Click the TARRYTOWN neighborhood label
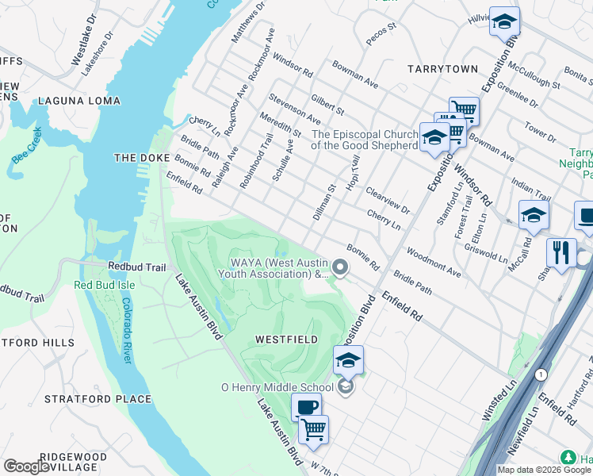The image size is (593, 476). point(442,69)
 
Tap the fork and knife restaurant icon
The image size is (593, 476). point(561,253)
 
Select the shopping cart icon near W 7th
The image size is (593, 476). point(313,430)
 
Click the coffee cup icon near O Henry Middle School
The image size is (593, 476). point(306,408)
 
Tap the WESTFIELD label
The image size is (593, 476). point(286,339)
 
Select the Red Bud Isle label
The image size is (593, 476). point(105,285)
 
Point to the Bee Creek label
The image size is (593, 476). point(26,148)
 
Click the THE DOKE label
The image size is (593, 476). point(138,158)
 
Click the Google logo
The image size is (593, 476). point(26,466)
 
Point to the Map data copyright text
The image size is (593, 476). point(544,470)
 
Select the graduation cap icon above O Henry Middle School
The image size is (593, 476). point(348,361)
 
